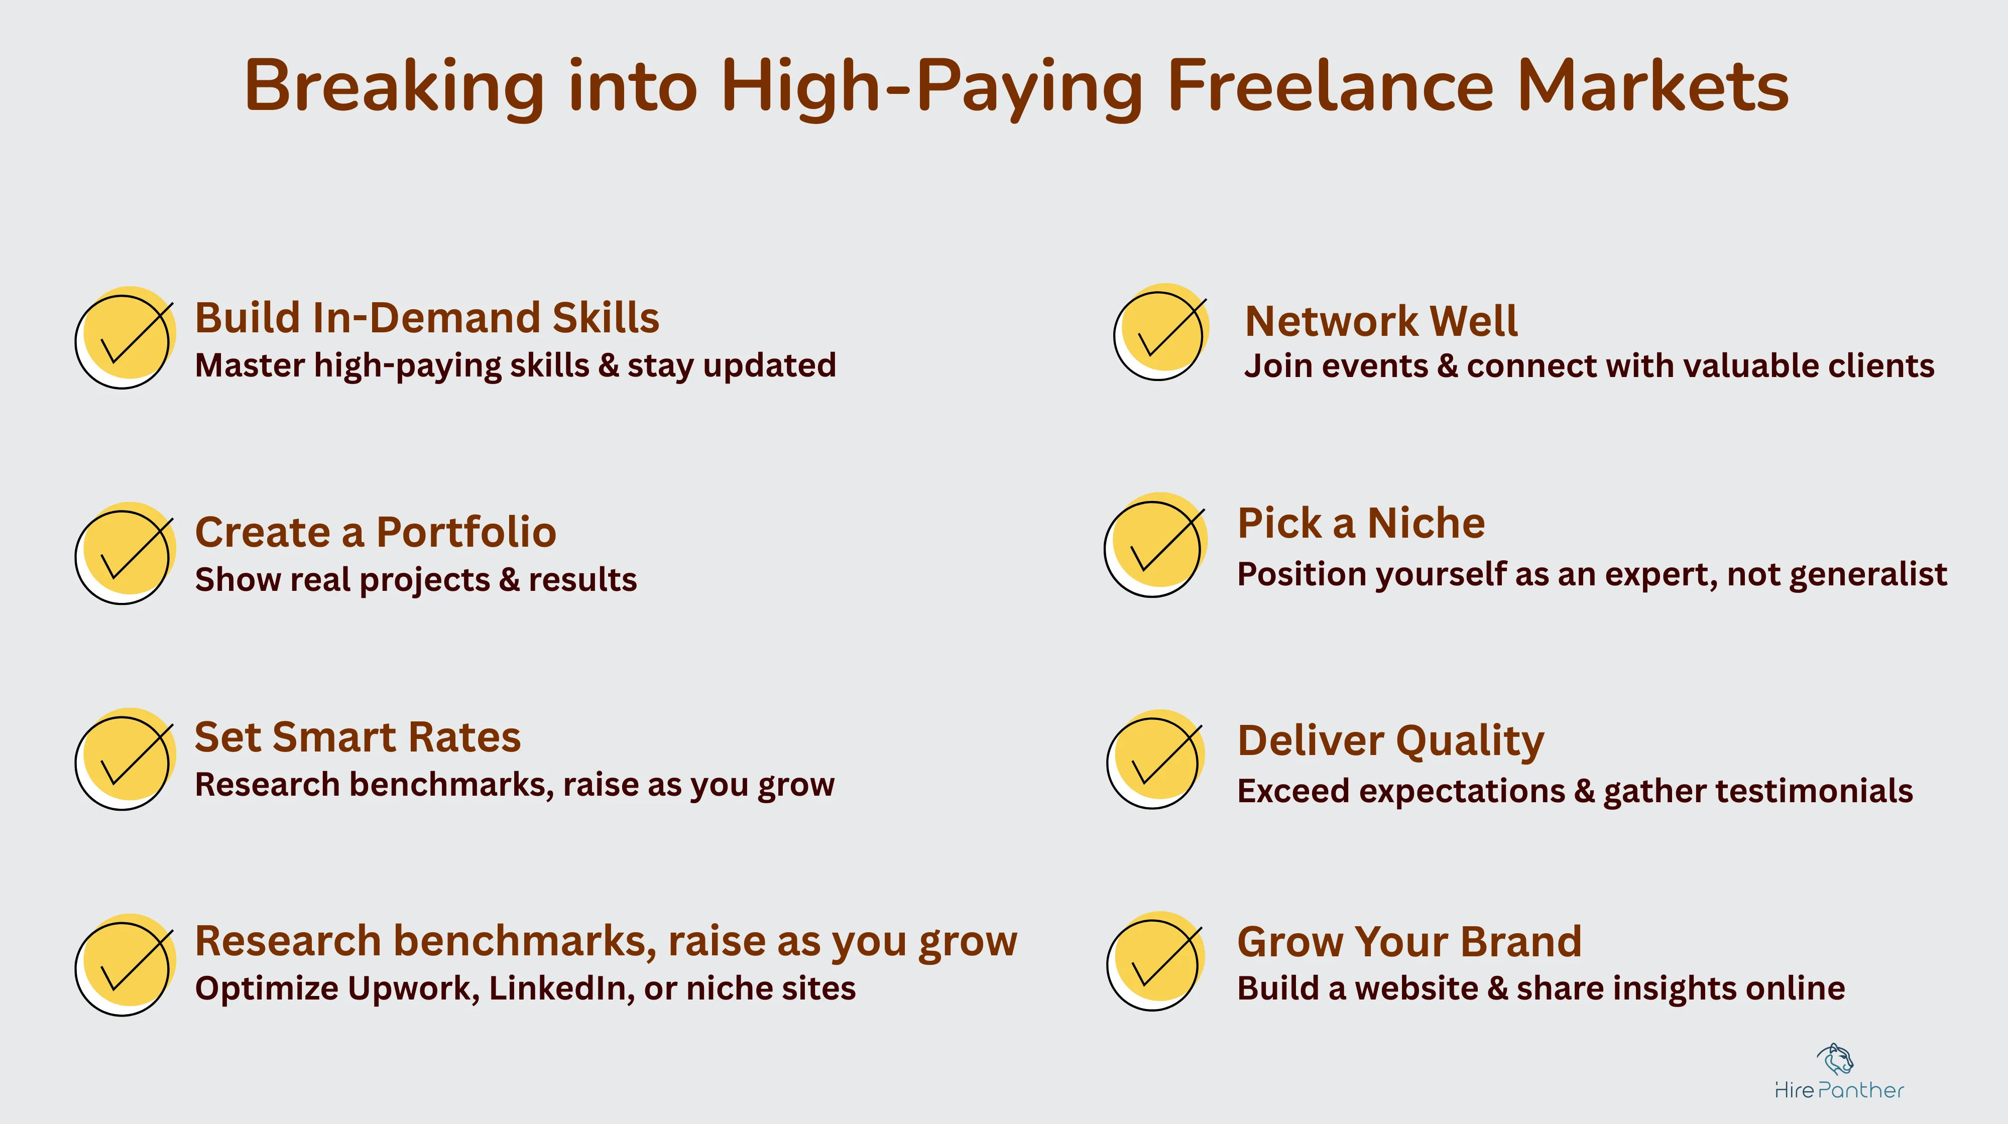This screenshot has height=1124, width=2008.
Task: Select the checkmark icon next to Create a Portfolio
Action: coord(125,553)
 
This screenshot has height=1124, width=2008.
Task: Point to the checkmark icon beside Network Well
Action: coord(1161,333)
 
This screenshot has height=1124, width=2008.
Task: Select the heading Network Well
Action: coord(1380,321)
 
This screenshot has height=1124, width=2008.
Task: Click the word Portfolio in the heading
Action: coord(466,532)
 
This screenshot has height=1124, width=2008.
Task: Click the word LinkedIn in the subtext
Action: coord(561,988)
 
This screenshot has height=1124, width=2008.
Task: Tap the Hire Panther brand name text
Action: coord(1839,1090)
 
